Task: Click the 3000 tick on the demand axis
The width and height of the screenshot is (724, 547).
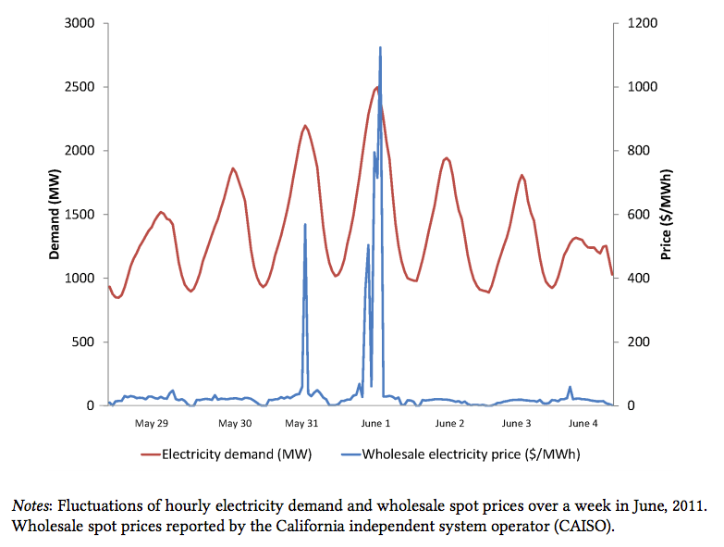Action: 80,23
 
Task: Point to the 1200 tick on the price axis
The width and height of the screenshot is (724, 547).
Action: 643,23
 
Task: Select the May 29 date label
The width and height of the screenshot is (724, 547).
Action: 152,423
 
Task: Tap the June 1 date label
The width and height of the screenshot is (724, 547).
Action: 375,423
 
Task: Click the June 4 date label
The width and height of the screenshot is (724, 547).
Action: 583,423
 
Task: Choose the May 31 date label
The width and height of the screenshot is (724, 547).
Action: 301,423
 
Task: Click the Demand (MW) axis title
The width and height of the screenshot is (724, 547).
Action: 55,215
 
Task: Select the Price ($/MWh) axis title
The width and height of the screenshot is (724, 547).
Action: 666,215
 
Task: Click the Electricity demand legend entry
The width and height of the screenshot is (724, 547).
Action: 227,454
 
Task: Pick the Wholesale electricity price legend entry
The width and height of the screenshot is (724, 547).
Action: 460,454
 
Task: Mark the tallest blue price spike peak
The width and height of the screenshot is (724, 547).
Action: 380,47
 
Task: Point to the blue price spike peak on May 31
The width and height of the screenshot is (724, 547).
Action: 305,225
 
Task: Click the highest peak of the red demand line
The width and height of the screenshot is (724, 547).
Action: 377,87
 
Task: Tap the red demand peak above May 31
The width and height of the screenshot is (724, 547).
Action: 305,126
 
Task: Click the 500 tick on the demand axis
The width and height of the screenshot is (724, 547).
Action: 83,342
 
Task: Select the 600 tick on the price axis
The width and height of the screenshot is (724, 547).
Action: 638,215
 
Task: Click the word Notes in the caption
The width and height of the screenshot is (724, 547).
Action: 30,506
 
